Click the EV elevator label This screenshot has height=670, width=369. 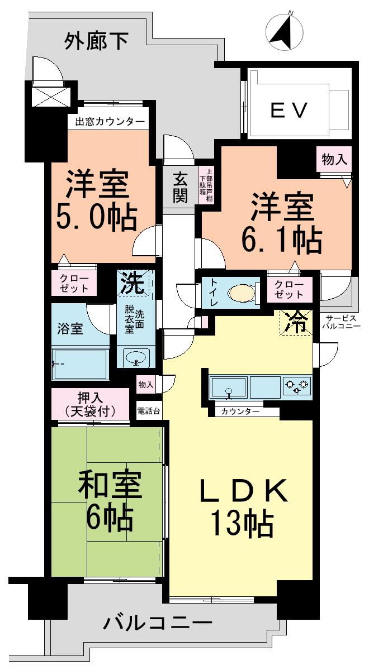(289, 111)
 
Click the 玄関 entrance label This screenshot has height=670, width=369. (180, 188)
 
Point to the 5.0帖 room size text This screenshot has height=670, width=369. (96, 217)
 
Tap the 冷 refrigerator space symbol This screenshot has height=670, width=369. (296, 322)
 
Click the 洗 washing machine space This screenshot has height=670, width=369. (135, 283)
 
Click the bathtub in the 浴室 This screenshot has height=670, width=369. (81, 365)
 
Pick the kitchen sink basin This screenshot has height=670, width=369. (228, 386)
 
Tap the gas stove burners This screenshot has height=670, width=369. (296, 386)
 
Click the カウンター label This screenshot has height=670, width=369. (240, 412)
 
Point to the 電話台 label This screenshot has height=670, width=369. (149, 410)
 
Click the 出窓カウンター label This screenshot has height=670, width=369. (107, 122)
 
